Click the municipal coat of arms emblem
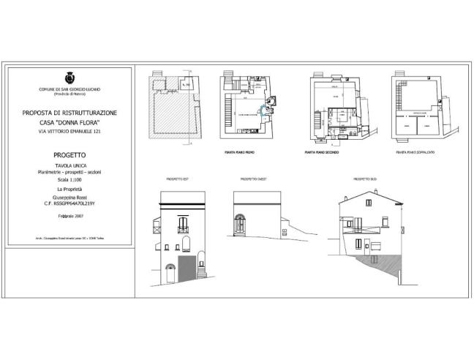click(x=70, y=77)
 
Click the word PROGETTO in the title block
click(x=70, y=155)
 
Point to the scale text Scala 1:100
click(x=70, y=179)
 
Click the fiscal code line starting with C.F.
click(x=70, y=203)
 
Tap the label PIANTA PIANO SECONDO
click(x=324, y=153)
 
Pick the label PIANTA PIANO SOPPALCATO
click(x=416, y=153)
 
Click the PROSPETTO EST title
click(x=178, y=179)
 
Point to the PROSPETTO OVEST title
click(x=253, y=179)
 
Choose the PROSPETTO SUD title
click(x=365, y=179)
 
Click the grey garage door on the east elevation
click(x=187, y=267)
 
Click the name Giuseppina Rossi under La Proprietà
click(x=70, y=197)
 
